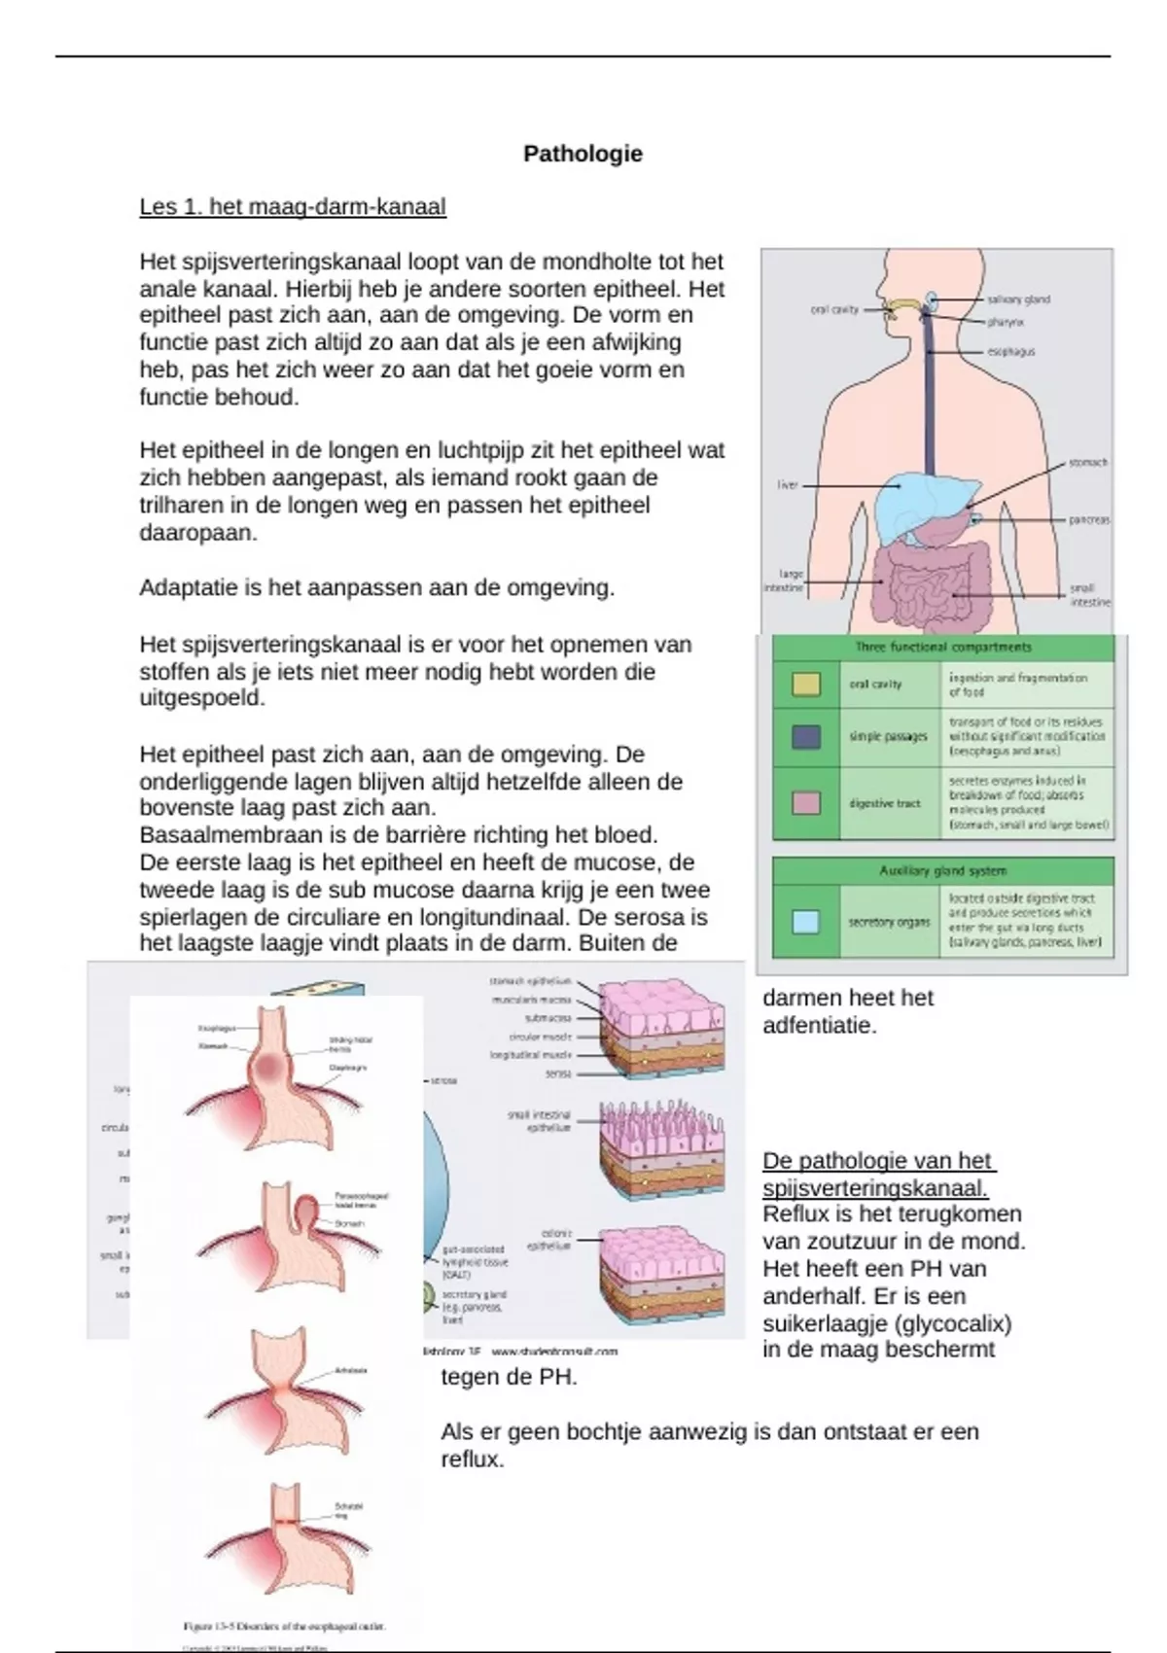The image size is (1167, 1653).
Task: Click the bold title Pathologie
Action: [x=583, y=154]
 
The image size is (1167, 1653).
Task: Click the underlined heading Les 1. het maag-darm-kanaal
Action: [x=293, y=207]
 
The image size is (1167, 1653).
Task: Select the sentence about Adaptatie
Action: [x=376, y=588]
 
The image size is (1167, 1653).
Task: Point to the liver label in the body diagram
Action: [x=787, y=485]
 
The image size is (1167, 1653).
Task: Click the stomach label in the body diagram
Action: [x=1087, y=463]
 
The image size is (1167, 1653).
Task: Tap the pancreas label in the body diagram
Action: [x=1088, y=520]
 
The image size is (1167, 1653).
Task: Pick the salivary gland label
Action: [x=1018, y=299]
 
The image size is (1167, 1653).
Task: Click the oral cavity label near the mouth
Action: [x=834, y=310]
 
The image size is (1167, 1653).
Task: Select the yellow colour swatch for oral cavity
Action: [x=806, y=685]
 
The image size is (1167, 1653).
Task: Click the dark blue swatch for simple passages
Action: [x=806, y=737]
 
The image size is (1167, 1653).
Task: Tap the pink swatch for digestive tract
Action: [x=806, y=803]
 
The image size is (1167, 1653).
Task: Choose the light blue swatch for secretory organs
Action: [x=806, y=922]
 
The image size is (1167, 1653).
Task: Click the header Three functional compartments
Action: [x=942, y=648]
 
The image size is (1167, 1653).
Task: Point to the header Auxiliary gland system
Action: [x=942, y=871]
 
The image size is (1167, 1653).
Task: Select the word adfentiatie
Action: [x=819, y=1026]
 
